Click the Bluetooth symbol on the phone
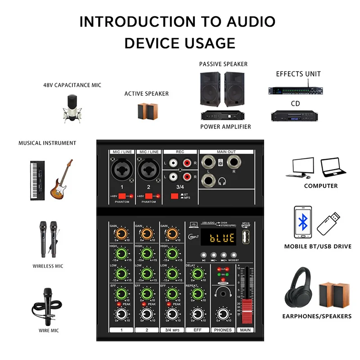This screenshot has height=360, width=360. click(x=304, y=222)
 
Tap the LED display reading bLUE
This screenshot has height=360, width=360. click(x=216, y=237)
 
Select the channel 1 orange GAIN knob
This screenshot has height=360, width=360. click(x=121, y=234)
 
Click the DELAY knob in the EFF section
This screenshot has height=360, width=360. click(x=196, y=274)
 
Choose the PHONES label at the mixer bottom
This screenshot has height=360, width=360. click(x=223, y=330)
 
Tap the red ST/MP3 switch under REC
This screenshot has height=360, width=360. click(x=174, y=196)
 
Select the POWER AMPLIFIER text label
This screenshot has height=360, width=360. click(x=225, y=127)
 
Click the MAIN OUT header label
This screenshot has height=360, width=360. click(x=226, y=152)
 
